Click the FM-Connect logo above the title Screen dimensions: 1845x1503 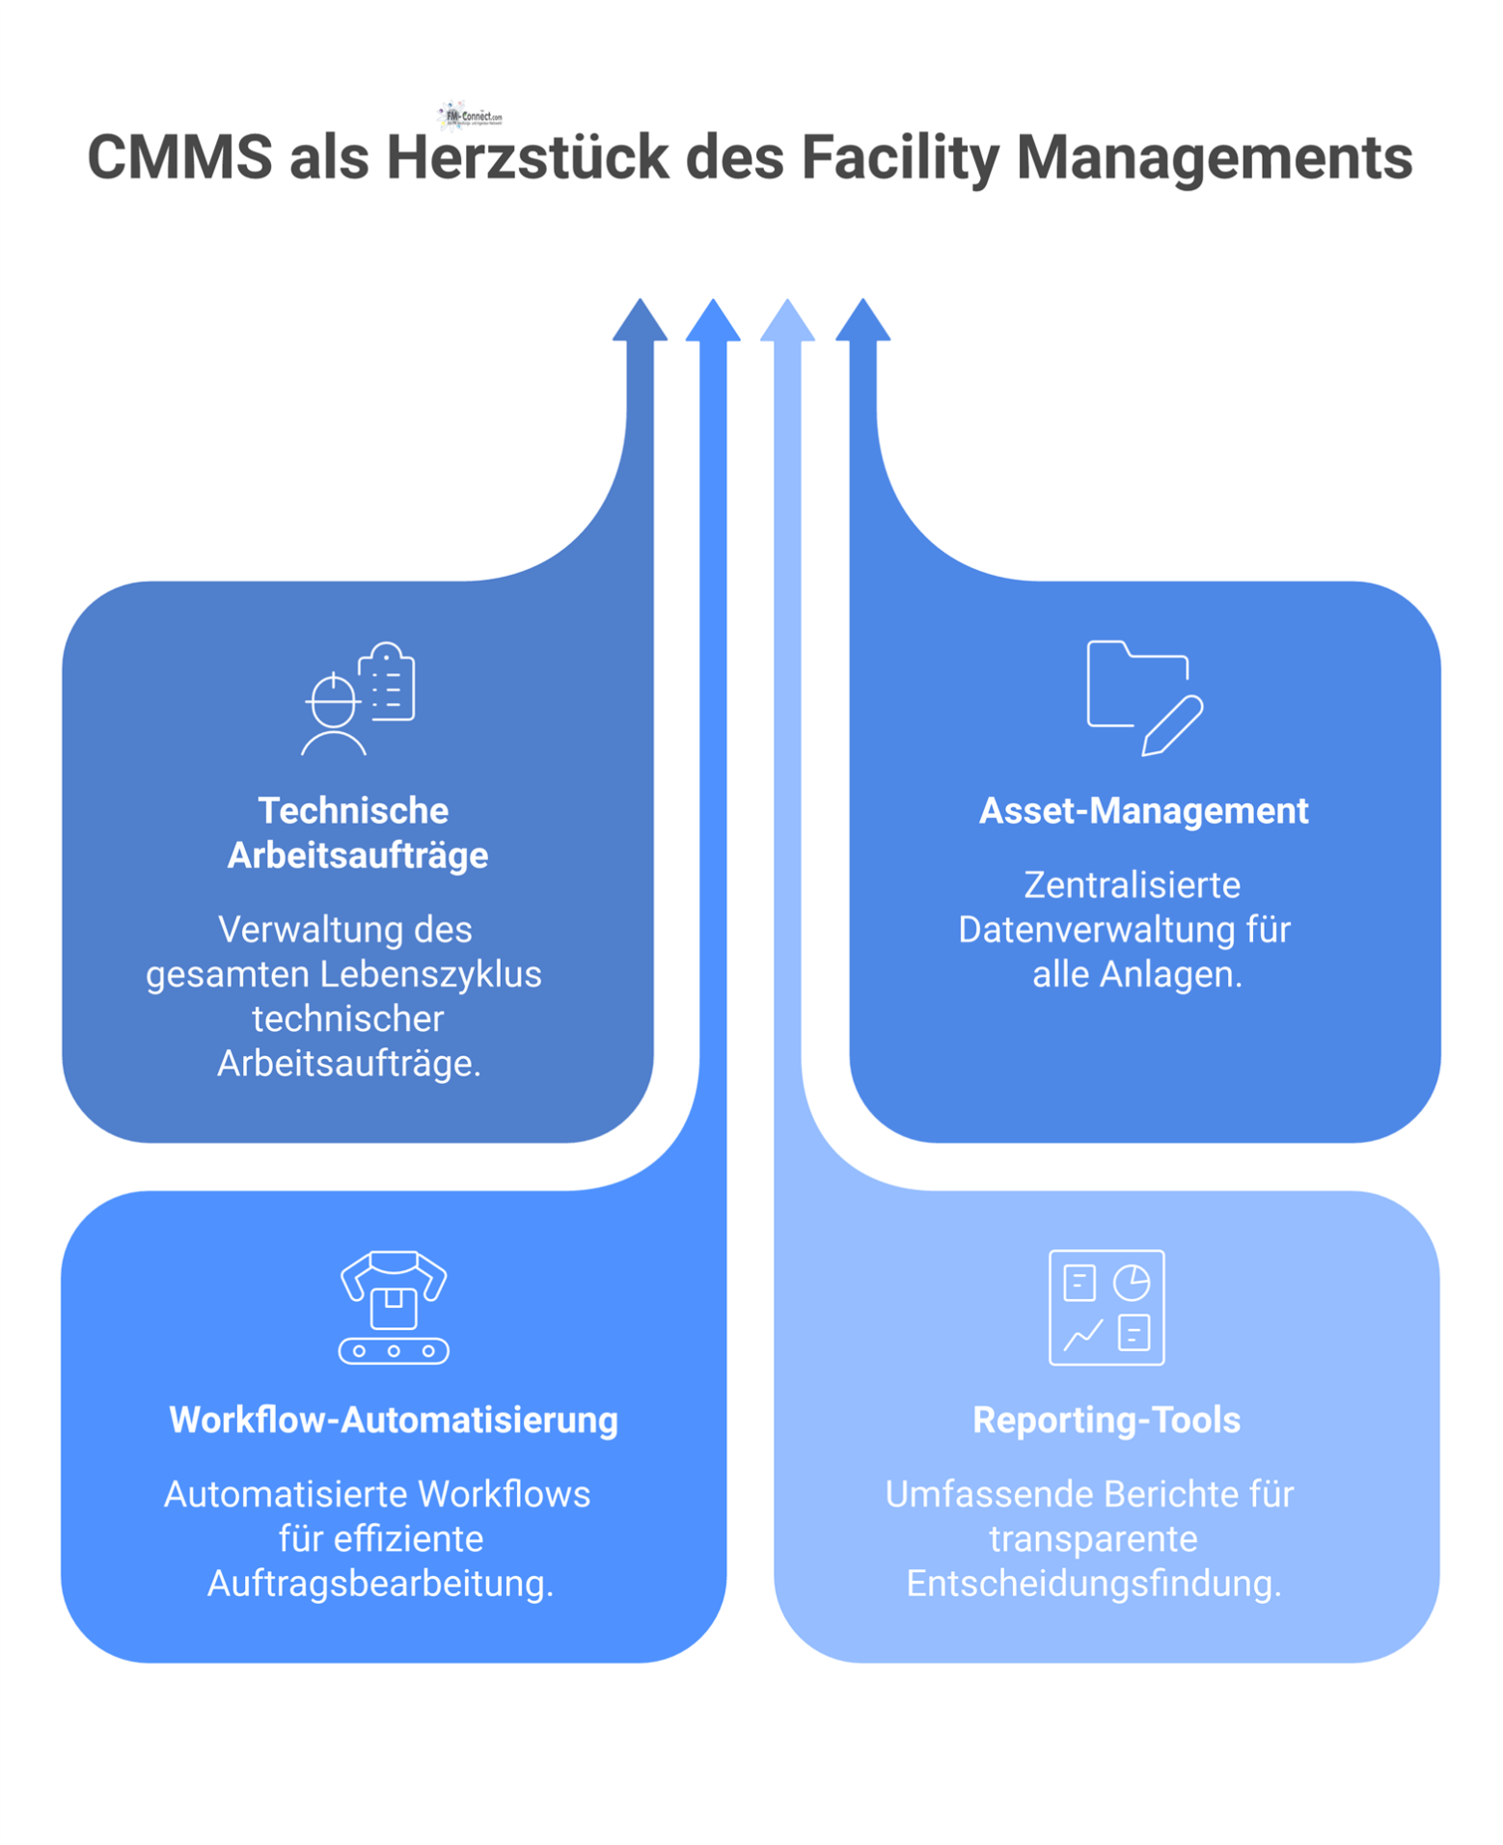point(470,116)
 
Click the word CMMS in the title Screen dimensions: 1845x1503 point(180,157)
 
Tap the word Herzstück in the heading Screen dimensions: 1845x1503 point(528,157)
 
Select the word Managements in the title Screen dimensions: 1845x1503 point(1215,157)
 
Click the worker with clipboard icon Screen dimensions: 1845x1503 point(359,698)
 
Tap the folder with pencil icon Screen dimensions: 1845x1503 point(1144,697)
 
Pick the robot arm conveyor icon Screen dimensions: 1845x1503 point(394,1307)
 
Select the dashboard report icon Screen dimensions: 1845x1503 point(1107,1307)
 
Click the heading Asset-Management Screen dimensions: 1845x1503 point(1143,811)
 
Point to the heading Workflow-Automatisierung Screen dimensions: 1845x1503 point(394,1420)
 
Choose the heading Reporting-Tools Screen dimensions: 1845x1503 point(1107,1420)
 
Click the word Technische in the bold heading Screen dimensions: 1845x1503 point(353,811)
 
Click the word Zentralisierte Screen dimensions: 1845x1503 point(1132,885)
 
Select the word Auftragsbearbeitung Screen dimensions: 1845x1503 point(380,1584)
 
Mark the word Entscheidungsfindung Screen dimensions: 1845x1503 point(1093,1584)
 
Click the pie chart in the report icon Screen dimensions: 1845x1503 point(1132,1283)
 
